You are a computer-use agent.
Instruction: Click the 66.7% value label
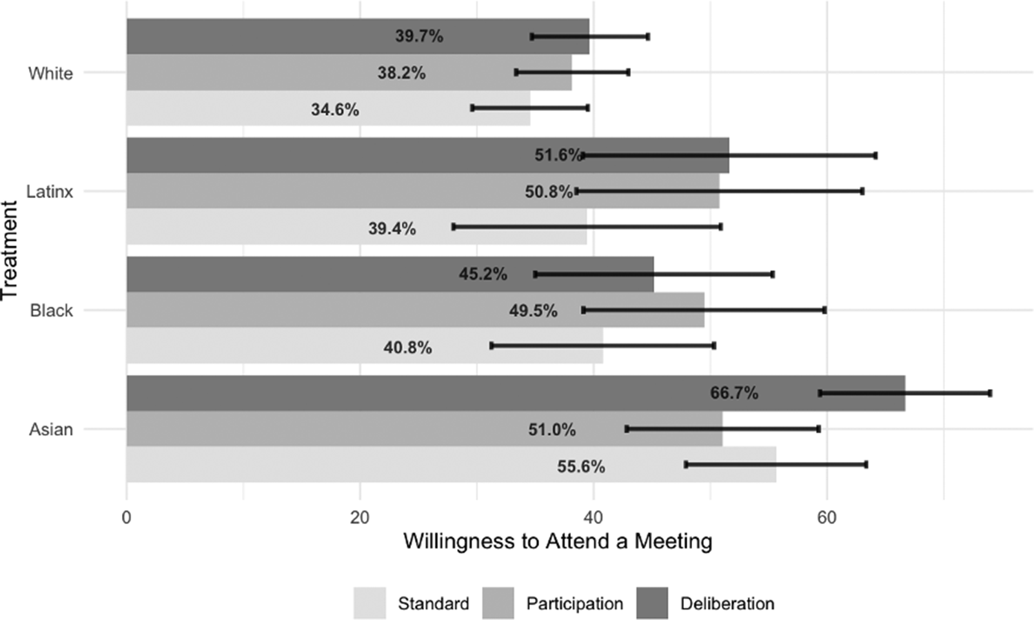[734, 393]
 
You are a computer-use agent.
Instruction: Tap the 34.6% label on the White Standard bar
[335, 110]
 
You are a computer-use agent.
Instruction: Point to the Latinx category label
[50, 192]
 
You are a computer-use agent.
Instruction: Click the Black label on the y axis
[51, 310]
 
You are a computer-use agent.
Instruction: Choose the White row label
[50, 73]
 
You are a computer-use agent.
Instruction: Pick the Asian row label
[51, 430]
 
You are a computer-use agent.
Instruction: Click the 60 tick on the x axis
[827, 517]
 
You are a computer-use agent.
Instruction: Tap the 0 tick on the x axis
[126, 517]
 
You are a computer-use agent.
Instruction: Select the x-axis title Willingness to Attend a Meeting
[558, 541]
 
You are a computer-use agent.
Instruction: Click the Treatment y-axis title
[10, 250]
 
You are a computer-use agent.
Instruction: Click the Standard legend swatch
[369, 603]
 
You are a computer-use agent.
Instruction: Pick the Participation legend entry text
[574, 603]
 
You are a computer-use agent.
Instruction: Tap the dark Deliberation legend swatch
[652, 603]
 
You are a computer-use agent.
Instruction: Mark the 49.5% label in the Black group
[533, 311]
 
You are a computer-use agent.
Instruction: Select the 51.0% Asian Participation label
[552, 430]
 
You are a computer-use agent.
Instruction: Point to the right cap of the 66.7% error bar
[990, 393]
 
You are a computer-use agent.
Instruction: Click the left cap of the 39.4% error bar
[454, 227]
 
